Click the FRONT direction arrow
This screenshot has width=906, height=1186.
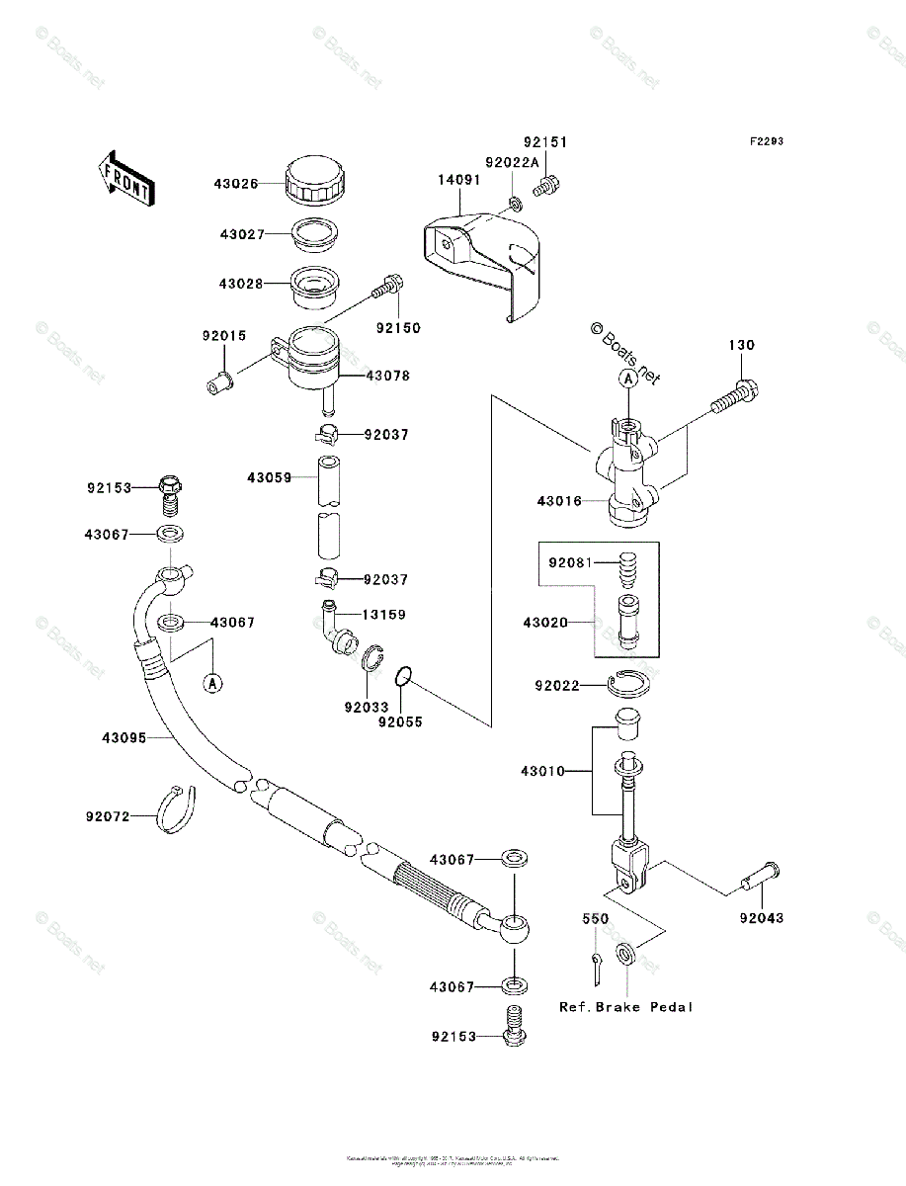pyautogui.click(x=124, y=177)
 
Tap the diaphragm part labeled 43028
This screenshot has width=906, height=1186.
pyautogui.click(x=314, y=285)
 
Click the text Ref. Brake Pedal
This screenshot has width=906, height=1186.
pyautogui.click(x=626, y=1007)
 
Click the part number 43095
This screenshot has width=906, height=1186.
pyautogui.click(x=124, y=737)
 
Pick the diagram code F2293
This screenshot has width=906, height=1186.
pyautogui.click(x=766, y=141)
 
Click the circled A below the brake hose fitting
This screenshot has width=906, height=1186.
pyautogui.click(x=212, y=681)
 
